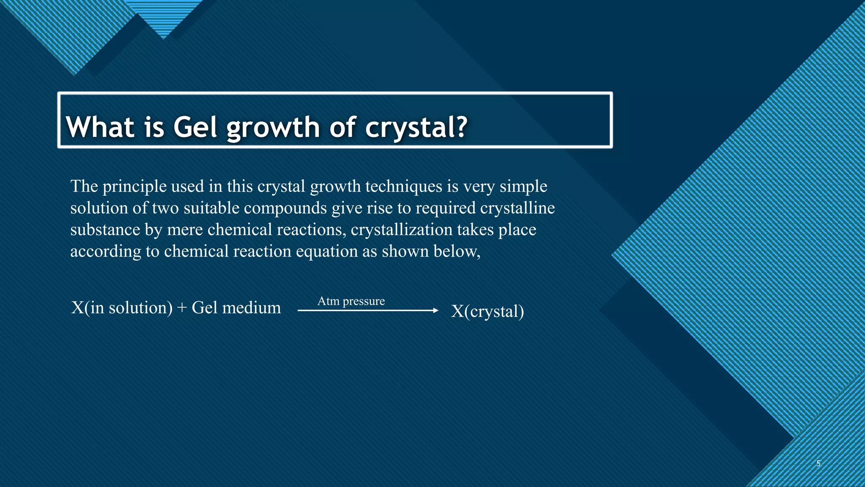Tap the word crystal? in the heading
(x=416, y=127)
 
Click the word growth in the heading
(x=273, y=128)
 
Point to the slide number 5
(x=818, y=463)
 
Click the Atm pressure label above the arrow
(x=351, y=301)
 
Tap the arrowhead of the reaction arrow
(x=436, y=311)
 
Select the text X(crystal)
(x=487, y=311)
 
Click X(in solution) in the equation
(x=122, y=308)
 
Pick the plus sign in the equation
(x=182, y=308)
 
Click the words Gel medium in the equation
(x=236, y=308)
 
